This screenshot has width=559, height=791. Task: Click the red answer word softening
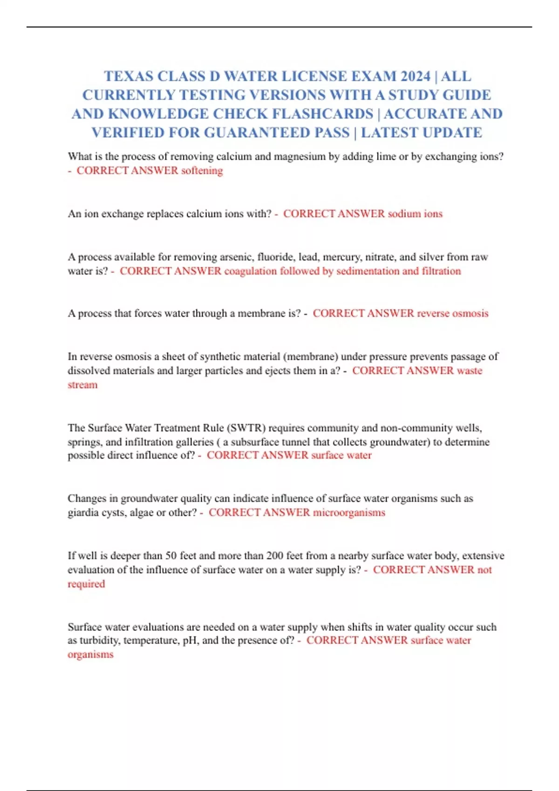202,171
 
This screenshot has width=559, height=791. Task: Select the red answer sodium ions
415,214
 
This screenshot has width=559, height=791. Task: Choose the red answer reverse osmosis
452,314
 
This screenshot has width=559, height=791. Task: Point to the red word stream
82,385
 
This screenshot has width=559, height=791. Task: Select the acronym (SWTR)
246,428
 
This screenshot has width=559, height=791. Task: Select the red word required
86,584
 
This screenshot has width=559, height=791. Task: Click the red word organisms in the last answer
90,655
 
